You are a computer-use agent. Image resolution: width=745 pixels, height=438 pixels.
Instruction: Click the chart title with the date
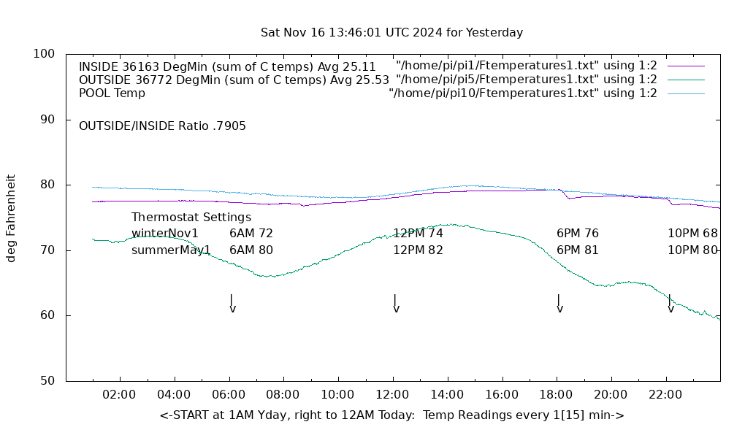[x=391, y=33]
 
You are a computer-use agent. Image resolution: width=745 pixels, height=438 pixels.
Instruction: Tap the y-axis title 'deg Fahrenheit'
[x=11, y=218]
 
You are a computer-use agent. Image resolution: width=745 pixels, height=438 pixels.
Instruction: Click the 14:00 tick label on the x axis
[x=446, y=395]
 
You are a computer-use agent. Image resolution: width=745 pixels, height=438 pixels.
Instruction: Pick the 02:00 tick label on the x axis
[x=119, y=395]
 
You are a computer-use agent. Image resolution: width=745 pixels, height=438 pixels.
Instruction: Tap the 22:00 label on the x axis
[x=665, y=395]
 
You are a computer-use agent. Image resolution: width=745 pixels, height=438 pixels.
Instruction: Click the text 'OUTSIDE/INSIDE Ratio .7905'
[x=162, y=126]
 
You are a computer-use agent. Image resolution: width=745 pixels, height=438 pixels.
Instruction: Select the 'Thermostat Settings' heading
[x=191, y=218]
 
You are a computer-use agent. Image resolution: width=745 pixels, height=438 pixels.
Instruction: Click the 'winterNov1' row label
[x=165, y=234]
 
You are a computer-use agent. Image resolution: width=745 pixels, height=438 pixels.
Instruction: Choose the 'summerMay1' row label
[x=171, y=250]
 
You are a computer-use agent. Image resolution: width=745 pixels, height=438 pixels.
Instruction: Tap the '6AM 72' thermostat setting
[x=251, y=234]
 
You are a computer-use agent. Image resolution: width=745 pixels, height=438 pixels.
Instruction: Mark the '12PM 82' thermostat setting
[x=418, y=250]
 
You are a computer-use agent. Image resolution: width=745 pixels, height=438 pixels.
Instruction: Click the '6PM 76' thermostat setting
[x=578, y=234]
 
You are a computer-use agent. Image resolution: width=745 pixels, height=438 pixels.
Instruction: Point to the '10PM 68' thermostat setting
[x=692, y=234]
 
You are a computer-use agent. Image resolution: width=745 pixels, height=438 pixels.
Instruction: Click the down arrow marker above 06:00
[x=232, y=304]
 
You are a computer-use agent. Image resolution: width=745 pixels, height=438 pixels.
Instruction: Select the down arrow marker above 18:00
[x=559, y=304]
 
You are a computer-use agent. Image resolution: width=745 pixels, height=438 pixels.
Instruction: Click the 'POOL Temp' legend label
[x=112, y=93]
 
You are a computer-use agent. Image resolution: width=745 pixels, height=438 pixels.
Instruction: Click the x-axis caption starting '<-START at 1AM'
[x=391, y=415]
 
